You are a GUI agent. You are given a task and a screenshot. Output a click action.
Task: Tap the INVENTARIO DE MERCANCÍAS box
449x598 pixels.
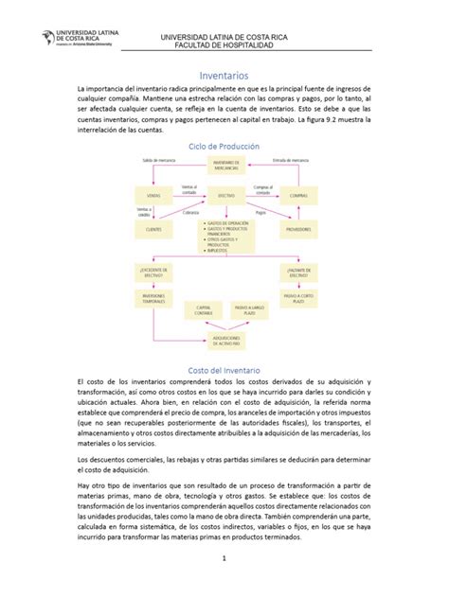226,166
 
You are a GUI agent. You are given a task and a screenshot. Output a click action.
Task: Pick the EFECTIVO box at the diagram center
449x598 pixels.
226,195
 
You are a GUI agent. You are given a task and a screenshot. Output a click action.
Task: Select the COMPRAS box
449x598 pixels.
298,195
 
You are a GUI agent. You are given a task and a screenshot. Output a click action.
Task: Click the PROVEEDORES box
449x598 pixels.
298,228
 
